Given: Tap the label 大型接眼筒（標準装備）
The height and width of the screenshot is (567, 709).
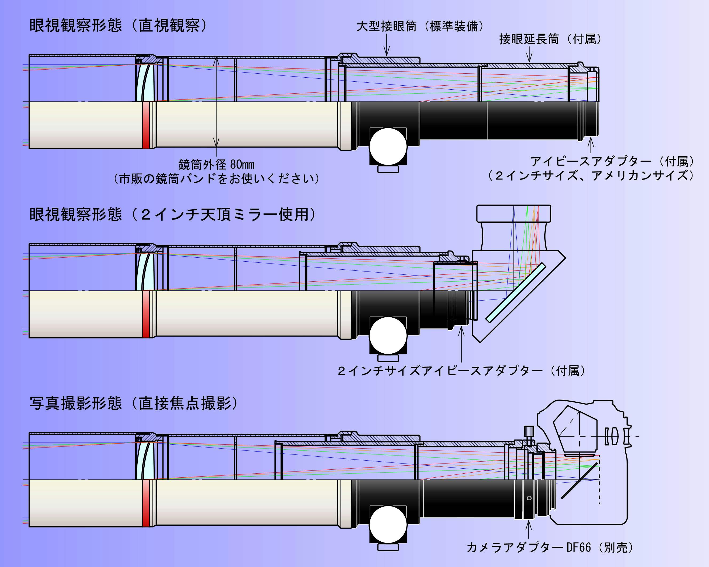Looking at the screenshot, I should [420, 26].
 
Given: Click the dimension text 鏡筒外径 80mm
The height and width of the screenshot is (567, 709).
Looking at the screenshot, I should [216, 164].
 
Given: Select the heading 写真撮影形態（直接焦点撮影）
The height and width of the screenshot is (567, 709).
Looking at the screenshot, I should [133, 403].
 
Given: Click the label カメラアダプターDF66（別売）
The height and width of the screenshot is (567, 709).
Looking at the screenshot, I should [549, 547].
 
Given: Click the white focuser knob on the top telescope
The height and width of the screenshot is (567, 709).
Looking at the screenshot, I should [388, 147].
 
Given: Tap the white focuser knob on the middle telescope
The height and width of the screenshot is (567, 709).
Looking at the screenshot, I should [388, 336].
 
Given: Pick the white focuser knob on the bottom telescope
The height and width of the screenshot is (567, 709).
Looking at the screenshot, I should [388, 525].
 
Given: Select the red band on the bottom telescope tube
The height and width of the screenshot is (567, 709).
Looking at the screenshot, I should [146, 503].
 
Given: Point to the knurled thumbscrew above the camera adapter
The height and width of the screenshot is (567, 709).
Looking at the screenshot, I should [529, 432].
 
